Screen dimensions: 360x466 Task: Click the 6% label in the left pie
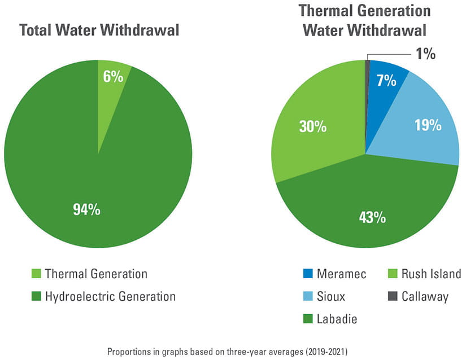click(113, 77)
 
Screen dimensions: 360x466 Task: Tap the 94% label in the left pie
click(86, 209)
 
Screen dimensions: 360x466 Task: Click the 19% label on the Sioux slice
click(428, 125)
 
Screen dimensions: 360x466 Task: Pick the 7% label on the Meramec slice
click(386, 81)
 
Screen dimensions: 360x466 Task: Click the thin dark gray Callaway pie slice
click(368, 85)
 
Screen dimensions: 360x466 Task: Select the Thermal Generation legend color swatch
click(37, 274)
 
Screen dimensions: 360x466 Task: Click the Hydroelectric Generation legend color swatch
click(37, 296)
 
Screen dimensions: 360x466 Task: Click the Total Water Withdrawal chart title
click(99, 30)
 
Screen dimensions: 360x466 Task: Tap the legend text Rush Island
click(432, 274)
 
